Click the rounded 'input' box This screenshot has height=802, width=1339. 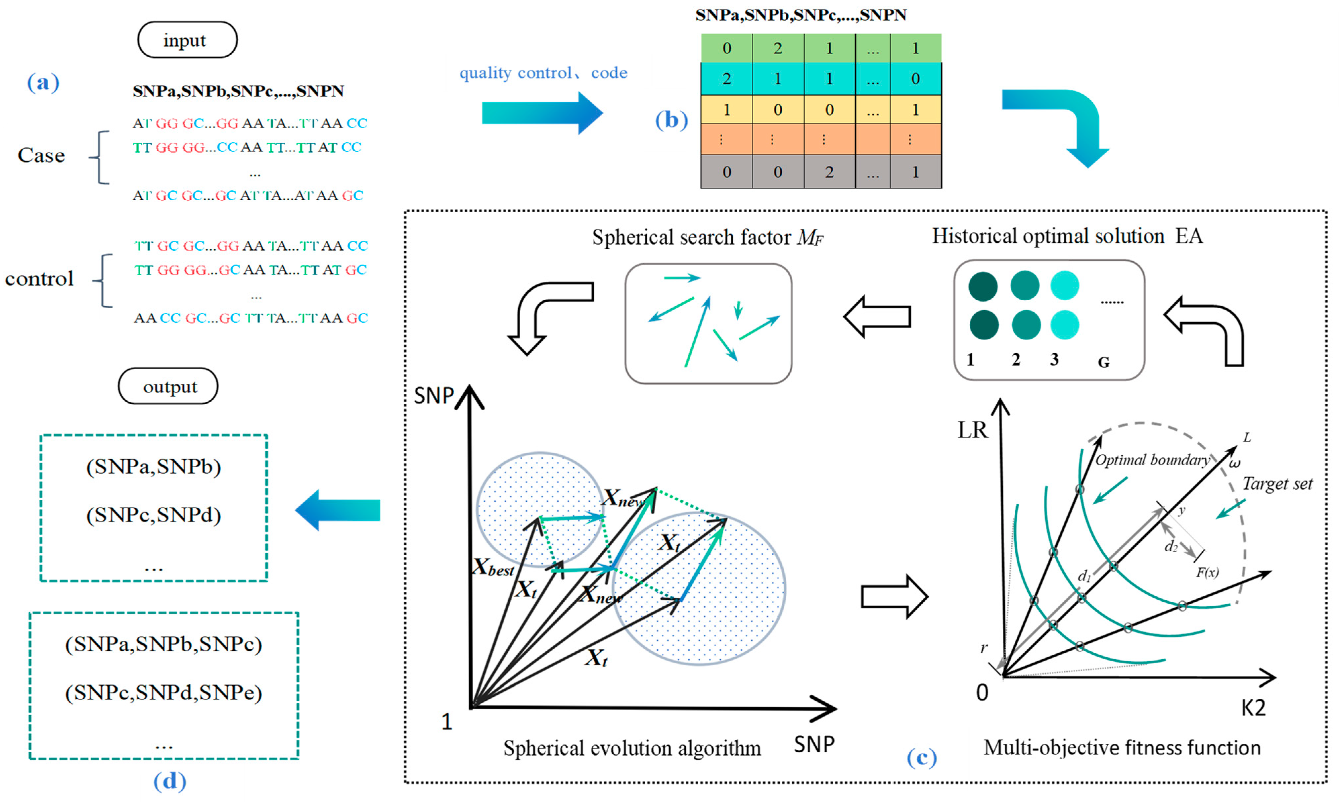pyautogui.click(x=187, y=40)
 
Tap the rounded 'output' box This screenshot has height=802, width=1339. pyautogui.click(x=168, y=386)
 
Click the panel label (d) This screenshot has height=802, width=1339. pyautogui.click(x=169, y=781)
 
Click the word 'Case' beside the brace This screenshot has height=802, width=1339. pyautogui.click(x=41, y=156)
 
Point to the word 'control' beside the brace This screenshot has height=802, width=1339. pyautogui.click(x=39, y=279)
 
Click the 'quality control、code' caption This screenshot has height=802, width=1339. pyautogui.click(x=543, y=73)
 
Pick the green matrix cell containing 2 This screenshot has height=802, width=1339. pyautogui.click(x=777, y=48)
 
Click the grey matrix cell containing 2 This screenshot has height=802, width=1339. pyautogui.click(x=829, y=172)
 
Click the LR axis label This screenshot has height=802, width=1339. pyautogui.click(x=972, y=430)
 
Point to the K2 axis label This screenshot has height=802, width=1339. pyautogui.click(x=1253, y=707)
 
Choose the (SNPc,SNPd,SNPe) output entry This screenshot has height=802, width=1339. pyautogui.click(x=164, y=692)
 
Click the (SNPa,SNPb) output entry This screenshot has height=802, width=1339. pyautogui.click(x=154, y=466)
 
